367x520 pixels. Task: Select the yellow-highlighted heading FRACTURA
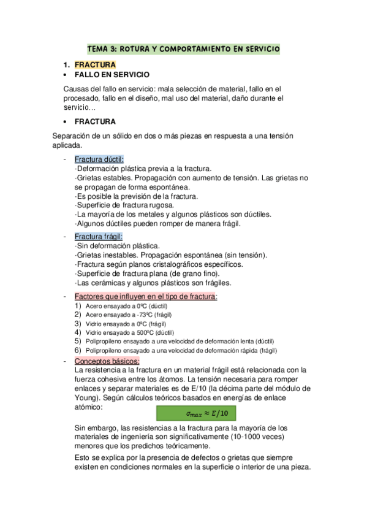pos(95,64)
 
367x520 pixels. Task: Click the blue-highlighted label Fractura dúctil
pos(99,159)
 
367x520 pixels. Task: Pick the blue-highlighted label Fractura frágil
pos(99,237)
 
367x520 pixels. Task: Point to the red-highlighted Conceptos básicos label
pos(107,361)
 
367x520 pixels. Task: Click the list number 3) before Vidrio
pos(78,323)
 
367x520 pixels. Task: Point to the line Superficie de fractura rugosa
pos(125,205)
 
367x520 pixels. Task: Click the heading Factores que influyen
pos(146,297)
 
